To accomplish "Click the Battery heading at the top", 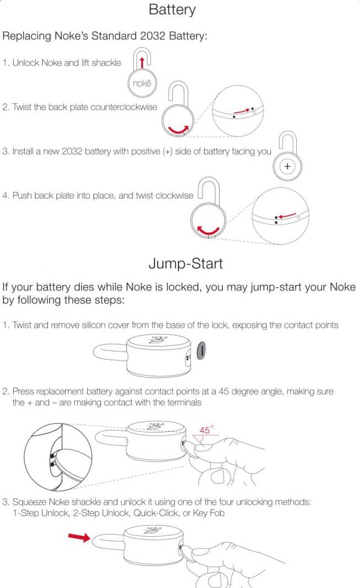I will [172, 9].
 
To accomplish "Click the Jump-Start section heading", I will [186, 263].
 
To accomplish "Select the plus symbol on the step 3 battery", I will [287, 166].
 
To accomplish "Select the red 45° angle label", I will [205, 431].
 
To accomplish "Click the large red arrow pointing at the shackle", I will [79, 537].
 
